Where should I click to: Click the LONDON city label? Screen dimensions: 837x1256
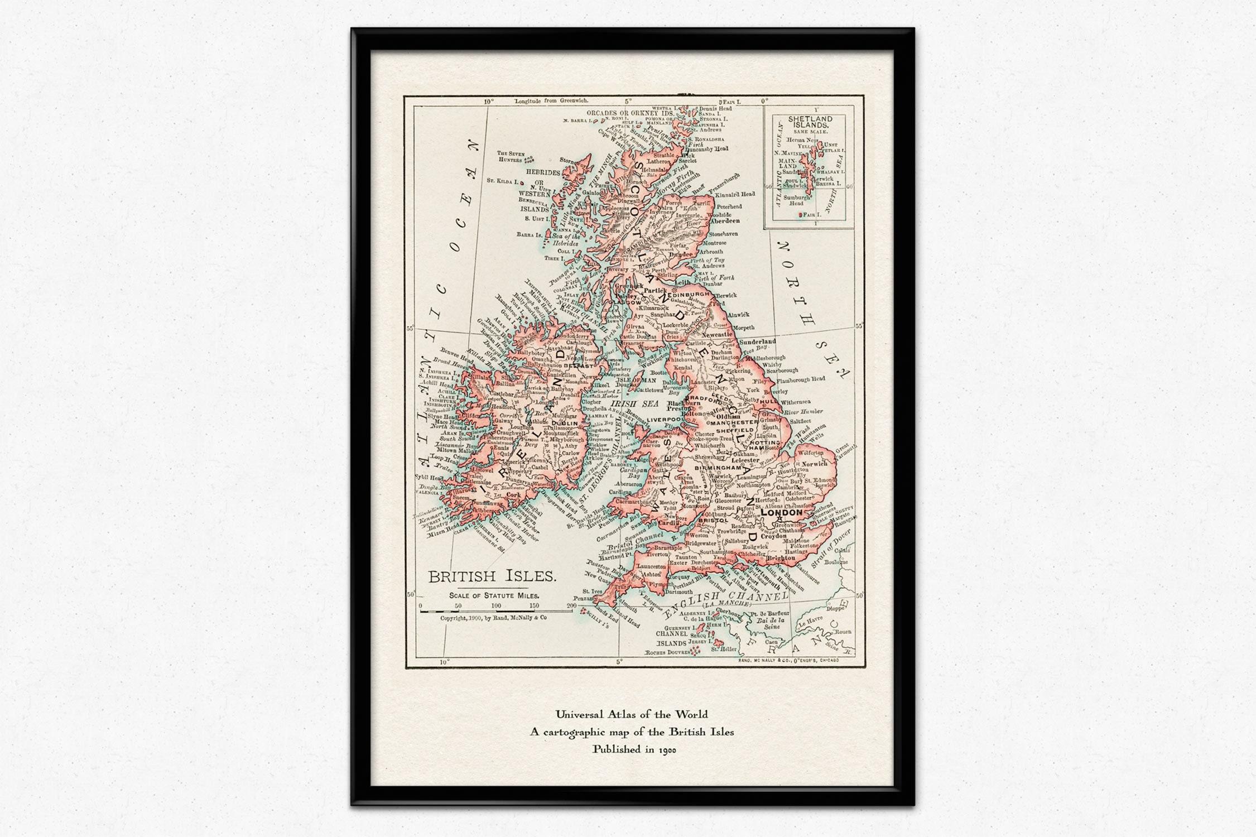tap(781, 512)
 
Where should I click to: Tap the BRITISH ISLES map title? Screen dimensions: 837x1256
tap(492, 576)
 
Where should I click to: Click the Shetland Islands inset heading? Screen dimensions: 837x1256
tap(810, 122)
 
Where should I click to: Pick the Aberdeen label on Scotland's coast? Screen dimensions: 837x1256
tap(725, 221)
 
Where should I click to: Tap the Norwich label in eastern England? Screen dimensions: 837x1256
tap(815, 464)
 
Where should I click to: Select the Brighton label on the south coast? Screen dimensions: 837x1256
tap(780, 558)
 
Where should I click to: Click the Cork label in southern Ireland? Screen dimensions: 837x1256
tap(513, 494)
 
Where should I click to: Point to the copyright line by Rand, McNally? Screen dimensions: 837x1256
tap(493, 618)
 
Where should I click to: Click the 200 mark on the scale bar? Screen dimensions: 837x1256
tap(571, 605)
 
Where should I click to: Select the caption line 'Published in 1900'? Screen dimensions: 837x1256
tap(634, 749)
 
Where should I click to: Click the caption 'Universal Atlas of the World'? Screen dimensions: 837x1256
tap(631, 714)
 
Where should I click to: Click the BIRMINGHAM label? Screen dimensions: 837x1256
tap(719, 468)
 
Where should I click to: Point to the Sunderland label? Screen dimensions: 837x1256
tap(757, 341)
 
